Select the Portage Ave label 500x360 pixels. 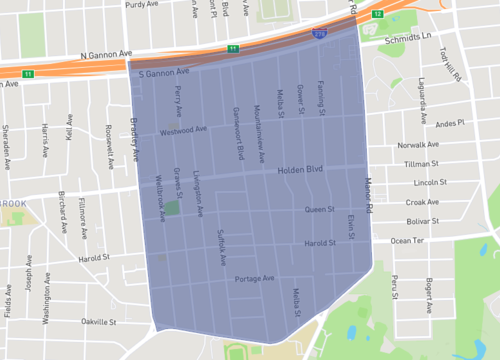pyautogui.click(x=254, y=279)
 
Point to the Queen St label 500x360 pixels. pyautogui.click(x=320, y=210)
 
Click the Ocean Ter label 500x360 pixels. pyautogui.click(x=408, y=240)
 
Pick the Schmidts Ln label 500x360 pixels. pyautogui.click(x=409, y=39)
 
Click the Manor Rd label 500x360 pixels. pyautogui.click(x=367, y=196)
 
